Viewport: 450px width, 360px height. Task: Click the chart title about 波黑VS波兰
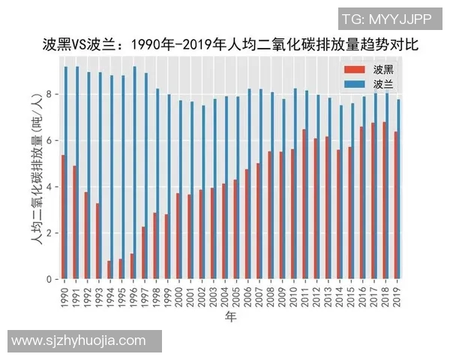point(229,45)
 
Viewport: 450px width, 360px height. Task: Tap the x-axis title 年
point(232,318)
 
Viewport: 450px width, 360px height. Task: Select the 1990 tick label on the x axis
point(64,295)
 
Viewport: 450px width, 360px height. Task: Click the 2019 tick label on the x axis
point(398,295)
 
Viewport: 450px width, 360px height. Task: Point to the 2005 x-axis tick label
point(237,295)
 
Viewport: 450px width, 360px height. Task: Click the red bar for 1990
point(63,217)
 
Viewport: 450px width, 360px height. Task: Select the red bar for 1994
point(109,270)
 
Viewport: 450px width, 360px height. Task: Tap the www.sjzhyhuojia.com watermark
point(79,340)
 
